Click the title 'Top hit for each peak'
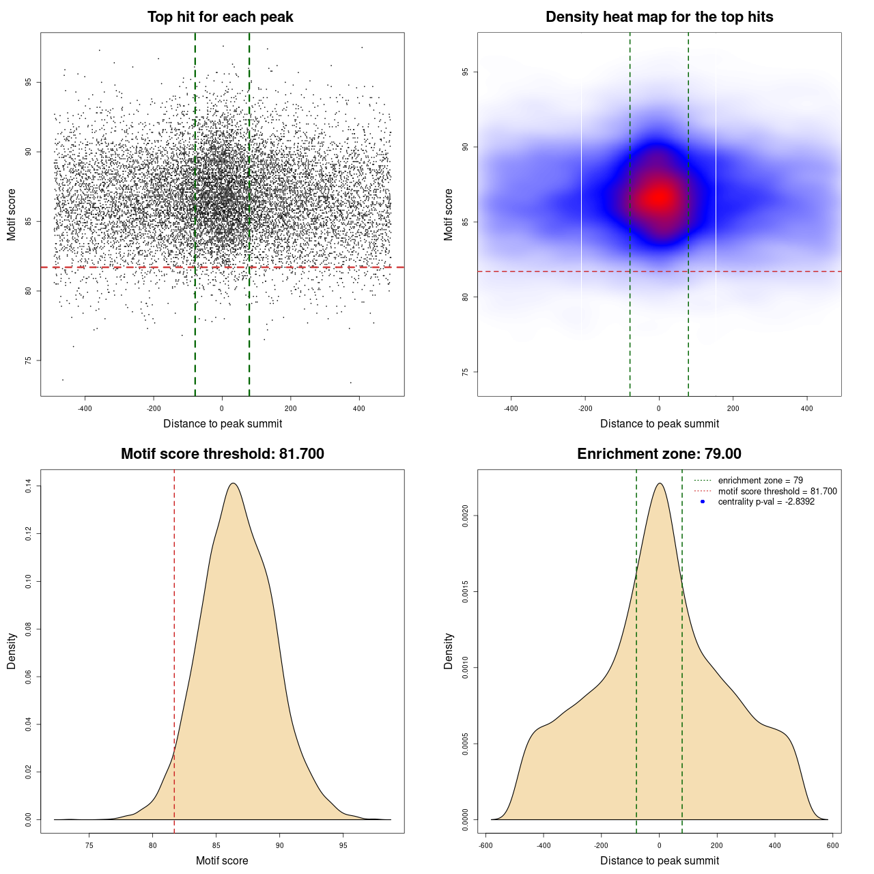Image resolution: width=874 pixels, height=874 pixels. coord(220,17)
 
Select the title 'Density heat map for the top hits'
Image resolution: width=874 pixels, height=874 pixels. coord(659,17)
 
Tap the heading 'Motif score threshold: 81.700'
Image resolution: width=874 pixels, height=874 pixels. coord(222,454)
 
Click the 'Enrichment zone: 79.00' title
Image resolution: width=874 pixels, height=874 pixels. coord(659,454)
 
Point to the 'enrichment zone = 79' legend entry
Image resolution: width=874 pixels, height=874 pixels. coord(760,481)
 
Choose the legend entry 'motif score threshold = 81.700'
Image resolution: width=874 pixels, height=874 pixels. coord(777,492)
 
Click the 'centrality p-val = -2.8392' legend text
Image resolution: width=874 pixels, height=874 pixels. coord(766,502)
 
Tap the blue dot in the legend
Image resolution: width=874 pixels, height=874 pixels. coord(703,502)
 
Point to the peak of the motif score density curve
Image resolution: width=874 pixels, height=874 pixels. coord(234,483)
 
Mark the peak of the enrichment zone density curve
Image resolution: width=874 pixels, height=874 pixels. coord(660,483)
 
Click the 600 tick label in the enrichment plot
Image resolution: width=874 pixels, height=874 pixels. coord(832,845)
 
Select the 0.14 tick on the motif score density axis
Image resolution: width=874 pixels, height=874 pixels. coord(29,486)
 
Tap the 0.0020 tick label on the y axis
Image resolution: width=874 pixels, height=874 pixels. coord(465,516)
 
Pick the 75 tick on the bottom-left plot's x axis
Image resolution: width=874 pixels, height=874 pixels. coord(89,845)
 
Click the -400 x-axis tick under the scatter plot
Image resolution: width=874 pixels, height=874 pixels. coord(85,408)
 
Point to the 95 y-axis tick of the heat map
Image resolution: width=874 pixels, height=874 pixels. coord(466,72)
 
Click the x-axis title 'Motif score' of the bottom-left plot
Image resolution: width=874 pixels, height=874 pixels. coord(222,860)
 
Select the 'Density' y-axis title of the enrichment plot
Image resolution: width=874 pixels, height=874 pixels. coord(449,651)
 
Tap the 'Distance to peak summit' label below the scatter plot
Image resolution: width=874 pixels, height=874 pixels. coord(223,423)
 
